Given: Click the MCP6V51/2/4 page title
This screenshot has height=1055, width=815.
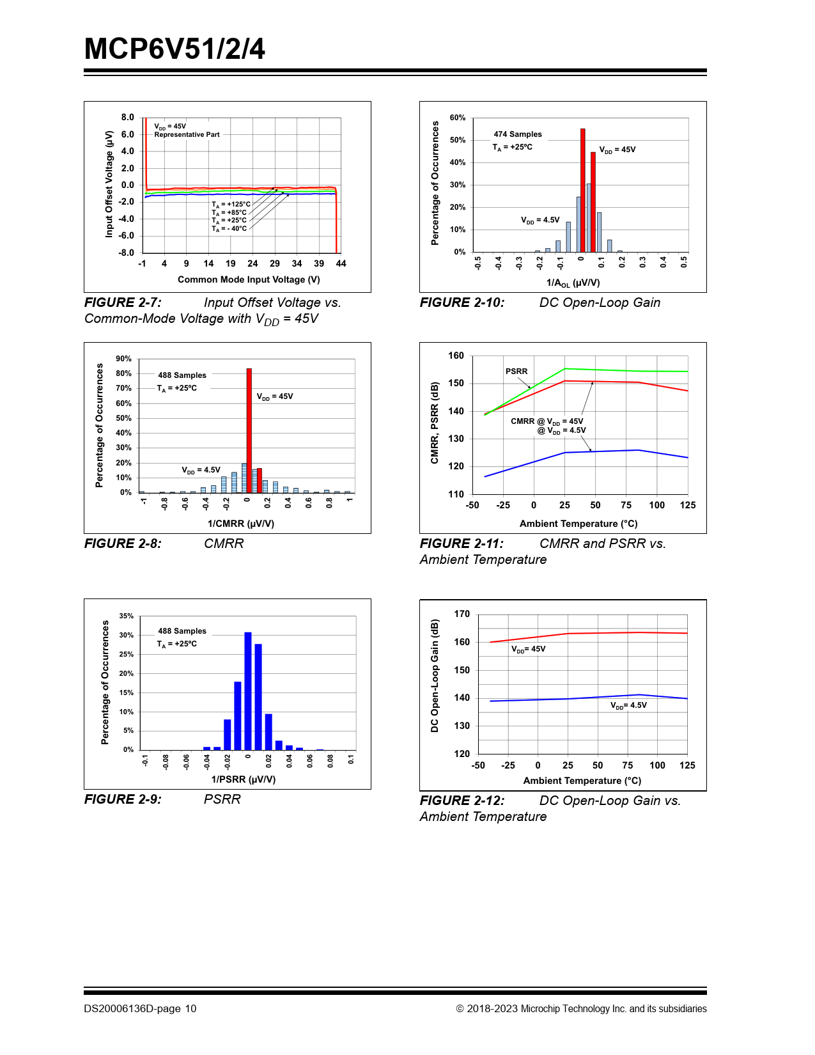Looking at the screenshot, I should (x=175, y=49).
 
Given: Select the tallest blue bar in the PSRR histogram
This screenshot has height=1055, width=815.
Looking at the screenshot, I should (x=248, y=691).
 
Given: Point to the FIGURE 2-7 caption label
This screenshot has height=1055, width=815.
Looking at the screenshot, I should (x=123, y=302).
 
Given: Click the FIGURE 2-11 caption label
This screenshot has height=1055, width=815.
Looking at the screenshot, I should (x=462, y=543).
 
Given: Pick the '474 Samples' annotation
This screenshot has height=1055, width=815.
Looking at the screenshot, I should (x=518, y=134).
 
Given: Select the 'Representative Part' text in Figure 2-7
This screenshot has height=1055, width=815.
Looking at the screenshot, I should (x=187, y=135).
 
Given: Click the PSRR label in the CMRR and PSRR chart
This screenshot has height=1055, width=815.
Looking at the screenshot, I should (x=516, y=371).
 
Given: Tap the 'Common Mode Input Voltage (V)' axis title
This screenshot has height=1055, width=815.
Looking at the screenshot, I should (x=249, y=279).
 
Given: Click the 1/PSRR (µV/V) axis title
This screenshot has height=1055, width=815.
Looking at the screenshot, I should (x=244, y=779).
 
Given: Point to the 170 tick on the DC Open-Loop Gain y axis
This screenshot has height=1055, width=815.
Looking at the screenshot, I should (x=462, y=614).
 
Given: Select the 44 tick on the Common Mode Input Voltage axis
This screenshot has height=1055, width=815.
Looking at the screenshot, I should (x=341, y=263).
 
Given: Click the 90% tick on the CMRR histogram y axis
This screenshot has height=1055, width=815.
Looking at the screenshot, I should (x=124, y=359).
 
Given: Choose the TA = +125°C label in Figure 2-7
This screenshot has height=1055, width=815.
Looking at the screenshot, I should (x=231, y=205).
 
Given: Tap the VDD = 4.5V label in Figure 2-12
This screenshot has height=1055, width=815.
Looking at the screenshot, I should (x=628, y=705).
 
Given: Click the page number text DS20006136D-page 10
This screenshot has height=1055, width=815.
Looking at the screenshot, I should (x=140, y=1008).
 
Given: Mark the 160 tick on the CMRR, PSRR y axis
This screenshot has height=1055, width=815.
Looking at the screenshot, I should (x=456, y=356).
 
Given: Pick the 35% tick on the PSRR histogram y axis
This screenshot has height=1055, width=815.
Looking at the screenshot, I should (x=127, y=616).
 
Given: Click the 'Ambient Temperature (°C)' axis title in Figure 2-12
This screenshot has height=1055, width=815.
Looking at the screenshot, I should (x=582, y=781).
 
